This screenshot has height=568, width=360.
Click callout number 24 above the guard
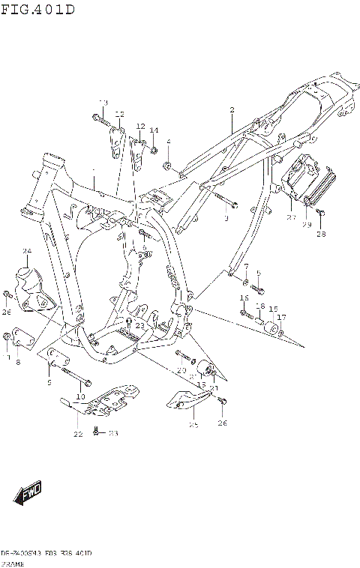tap(26, 251)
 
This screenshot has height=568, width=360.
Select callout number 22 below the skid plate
tap(78, 434)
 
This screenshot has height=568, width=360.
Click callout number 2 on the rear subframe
tap(232, 110)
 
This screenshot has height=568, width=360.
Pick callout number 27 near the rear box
tap(291, 217)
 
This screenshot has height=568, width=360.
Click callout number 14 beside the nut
tap(154, 130)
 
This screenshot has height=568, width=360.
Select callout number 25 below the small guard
tap(193, 425)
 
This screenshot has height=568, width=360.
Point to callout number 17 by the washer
tap(282, 317)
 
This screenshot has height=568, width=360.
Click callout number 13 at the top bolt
tap(103, 102)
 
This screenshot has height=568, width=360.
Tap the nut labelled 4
tap(168, 164)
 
